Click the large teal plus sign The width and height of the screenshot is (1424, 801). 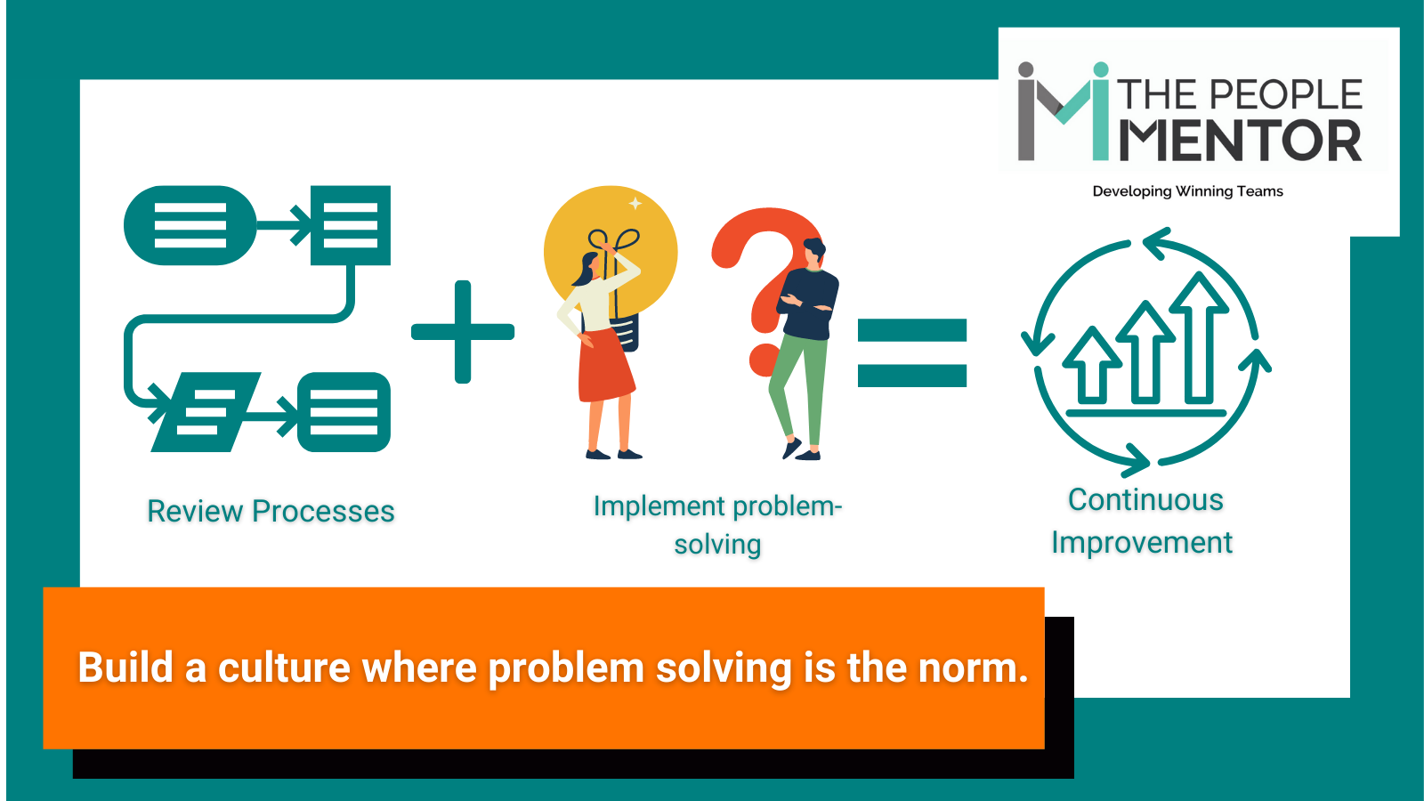click(463, 332)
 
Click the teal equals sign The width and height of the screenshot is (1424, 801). click(911, 352)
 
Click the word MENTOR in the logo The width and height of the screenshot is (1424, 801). click(1240, 141)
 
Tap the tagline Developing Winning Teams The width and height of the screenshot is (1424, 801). click(1187, 191)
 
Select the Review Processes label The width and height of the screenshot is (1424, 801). click(271, 511)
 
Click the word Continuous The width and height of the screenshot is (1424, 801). click(1145, 500)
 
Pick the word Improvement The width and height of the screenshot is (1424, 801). click(1142, 543)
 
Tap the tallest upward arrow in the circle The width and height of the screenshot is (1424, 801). click(1199, 338)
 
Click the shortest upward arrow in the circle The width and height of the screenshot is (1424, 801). click(1093, 365)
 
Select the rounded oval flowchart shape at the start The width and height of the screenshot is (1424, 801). click(190, 225)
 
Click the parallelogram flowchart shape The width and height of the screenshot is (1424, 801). click(206, 412)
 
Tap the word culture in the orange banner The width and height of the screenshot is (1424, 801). click(284, 667)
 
